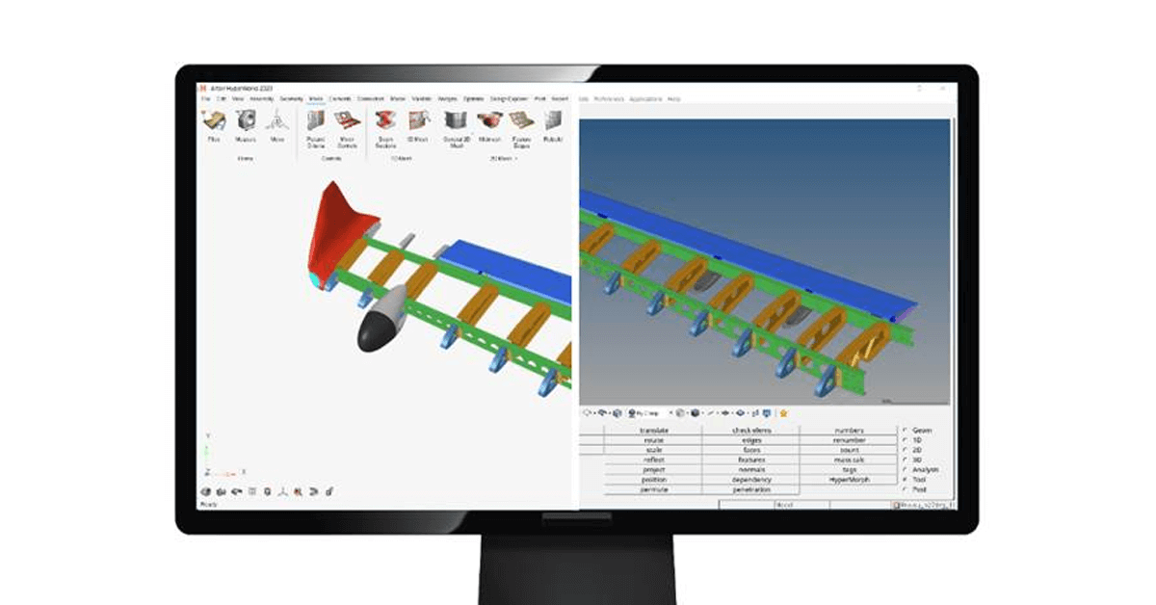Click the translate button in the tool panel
[654, 431]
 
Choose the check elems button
[751, 431]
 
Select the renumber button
[849, 440]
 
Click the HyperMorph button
[849, 479]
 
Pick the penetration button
[751, 489]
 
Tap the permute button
[654, 489]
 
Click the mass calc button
[849, 460]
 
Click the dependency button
[751, 479]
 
